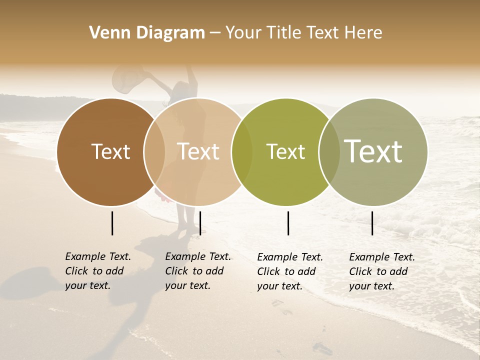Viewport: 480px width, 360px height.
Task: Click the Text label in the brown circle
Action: tap(110, 151)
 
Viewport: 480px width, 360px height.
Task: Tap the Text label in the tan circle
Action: tap(198, 151)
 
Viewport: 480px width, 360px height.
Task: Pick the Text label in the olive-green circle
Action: tap(285, 151)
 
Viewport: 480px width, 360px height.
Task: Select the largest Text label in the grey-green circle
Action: tap(373, 151)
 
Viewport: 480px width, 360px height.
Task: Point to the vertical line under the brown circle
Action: tap(112, 223)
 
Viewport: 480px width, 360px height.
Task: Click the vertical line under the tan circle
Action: tap(200, 223)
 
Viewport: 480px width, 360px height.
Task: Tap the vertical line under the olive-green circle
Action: tap(288, 223)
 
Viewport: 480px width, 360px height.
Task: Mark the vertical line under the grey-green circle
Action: tap(372, 223)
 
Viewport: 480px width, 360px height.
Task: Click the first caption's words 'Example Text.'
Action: tap(98, 256)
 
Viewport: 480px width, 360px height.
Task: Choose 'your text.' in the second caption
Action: tap(187, 285)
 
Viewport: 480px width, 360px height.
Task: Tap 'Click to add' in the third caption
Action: tap(286, 271)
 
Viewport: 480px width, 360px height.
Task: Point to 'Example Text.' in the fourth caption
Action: tap(382, 257)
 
